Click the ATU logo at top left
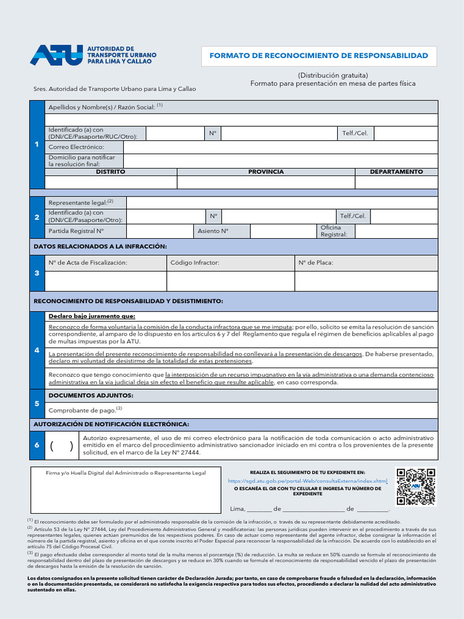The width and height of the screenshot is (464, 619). (x=57, y=55)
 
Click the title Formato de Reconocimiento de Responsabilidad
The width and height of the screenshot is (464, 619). (x=318, y=56)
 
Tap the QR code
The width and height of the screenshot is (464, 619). (x=416, y=487)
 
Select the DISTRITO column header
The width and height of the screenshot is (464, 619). (x=111, y=172)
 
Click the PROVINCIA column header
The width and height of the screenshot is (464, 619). (x=266, y=172)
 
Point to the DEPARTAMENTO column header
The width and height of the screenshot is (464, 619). (x=396, y=172)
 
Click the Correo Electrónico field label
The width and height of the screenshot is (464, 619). (x=76, y=147)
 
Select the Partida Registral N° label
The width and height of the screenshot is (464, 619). (x=76, y=231)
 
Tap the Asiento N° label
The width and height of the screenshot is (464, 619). (x=213, y=231)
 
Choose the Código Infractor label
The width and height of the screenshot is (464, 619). (x=195, y=263)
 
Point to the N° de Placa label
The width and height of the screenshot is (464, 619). (x=315, y=263)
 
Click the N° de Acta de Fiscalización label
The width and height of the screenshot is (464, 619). (x=88, y=263)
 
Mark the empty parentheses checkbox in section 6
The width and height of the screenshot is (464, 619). (x=62, y=446)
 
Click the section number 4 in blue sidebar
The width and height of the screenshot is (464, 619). (x=37, y=350)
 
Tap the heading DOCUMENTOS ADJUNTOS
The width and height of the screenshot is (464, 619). (x=91, y=395)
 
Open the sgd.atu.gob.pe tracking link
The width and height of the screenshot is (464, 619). (x=308, y=481)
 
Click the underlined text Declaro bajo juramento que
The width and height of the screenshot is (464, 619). (x=92, y=316)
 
